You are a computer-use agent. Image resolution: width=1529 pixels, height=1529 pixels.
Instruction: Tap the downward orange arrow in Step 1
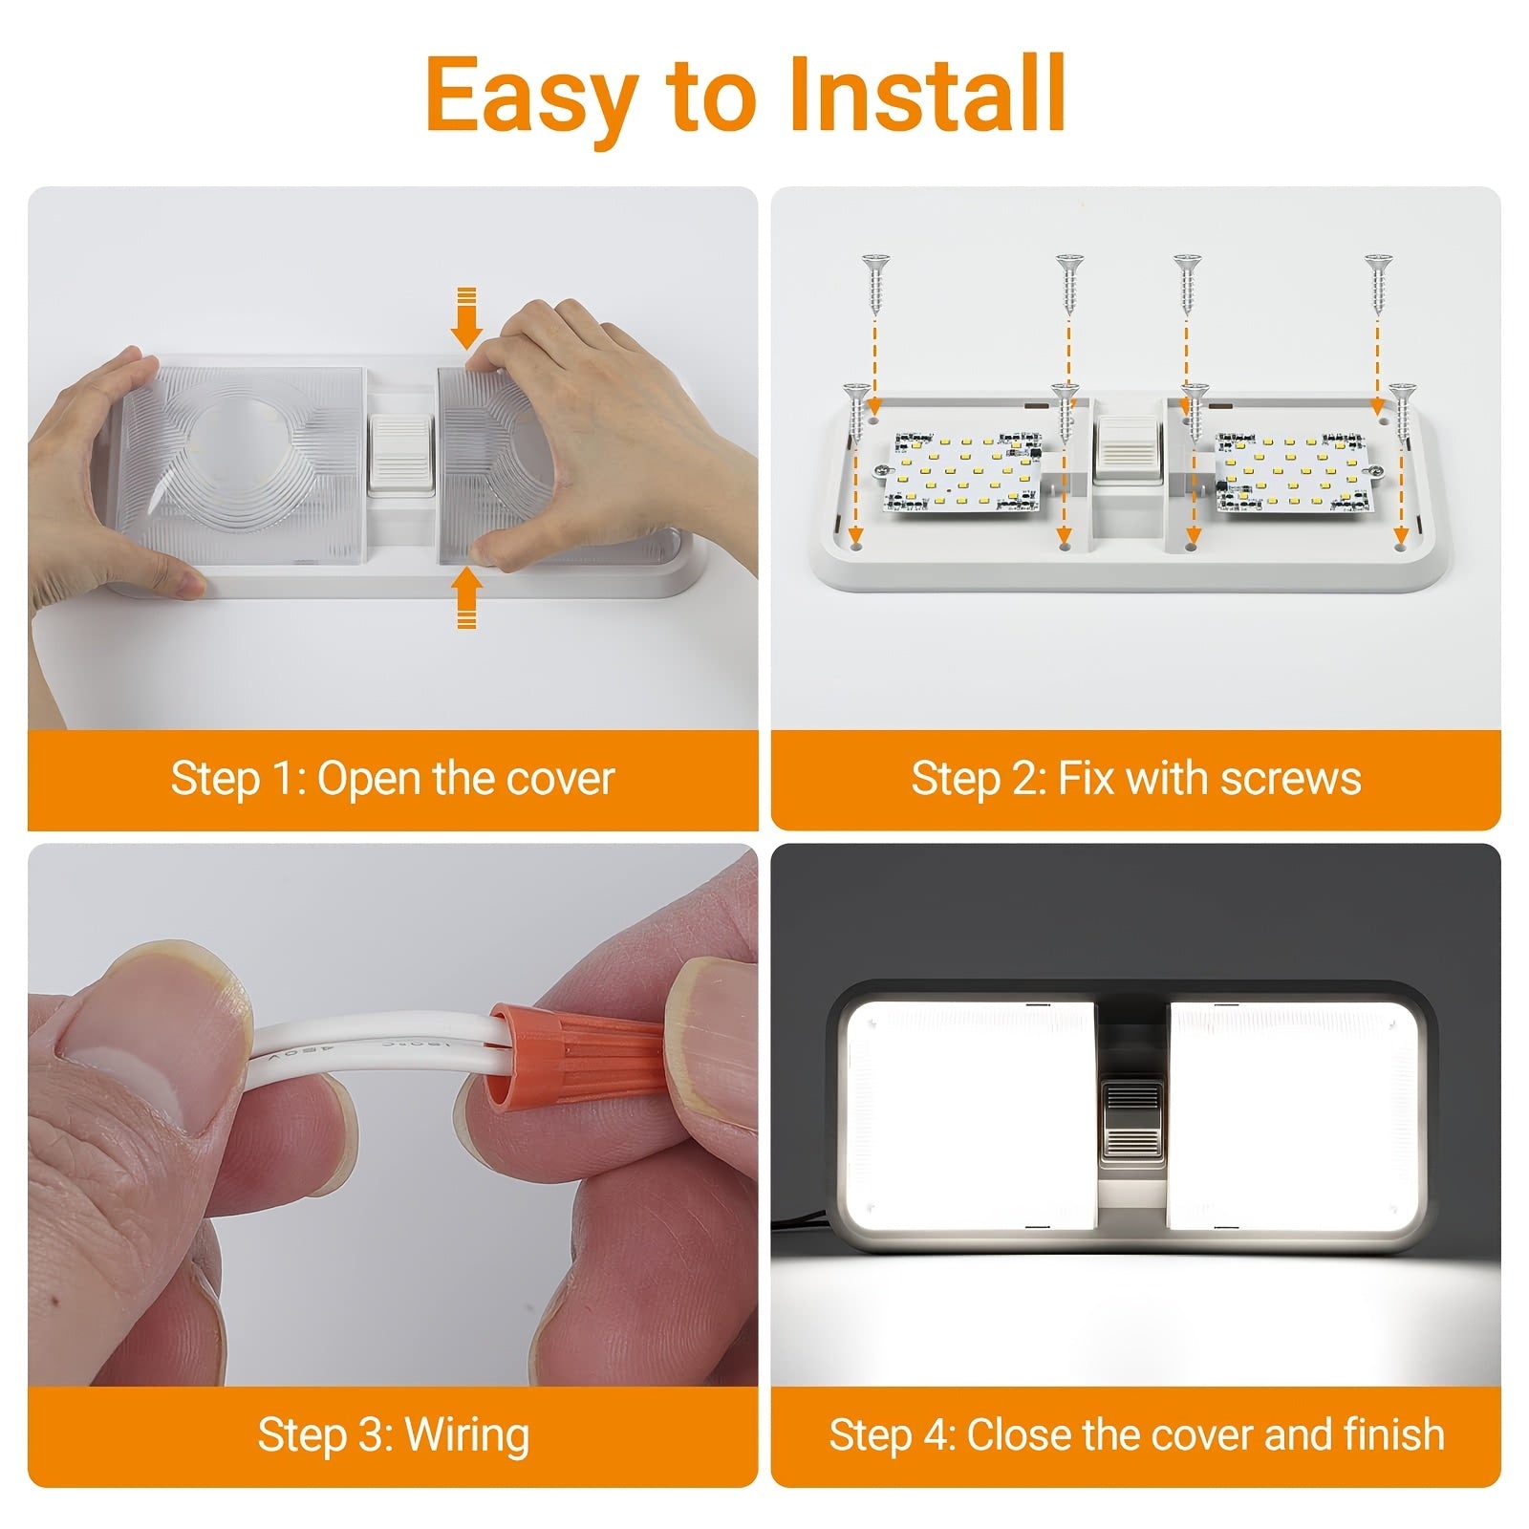click(466, 318)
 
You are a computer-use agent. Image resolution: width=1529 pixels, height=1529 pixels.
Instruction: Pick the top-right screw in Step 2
click(1377, 284)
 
